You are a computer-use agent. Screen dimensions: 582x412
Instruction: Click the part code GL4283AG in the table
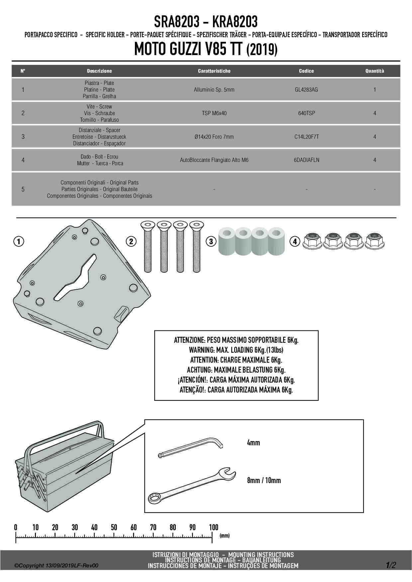click(306, 90)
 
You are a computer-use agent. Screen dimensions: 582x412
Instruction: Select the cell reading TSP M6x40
click(214, 113)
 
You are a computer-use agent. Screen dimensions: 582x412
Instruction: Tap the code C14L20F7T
click(306, 137)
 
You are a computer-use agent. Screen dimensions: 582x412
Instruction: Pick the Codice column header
click(306, 71)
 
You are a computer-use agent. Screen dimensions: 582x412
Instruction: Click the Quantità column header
click(374, 71)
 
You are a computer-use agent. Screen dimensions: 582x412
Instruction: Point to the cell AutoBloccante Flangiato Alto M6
click(214, 160)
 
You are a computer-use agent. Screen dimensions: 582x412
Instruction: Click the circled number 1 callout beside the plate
click(19, 241)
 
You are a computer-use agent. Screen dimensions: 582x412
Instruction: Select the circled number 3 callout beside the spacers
click(211, 241)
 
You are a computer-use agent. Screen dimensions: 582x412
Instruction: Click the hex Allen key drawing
click(191, 448)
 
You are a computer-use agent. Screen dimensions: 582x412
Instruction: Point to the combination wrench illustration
click(192, 486)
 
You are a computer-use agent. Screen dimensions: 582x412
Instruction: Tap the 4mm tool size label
click(254, 443)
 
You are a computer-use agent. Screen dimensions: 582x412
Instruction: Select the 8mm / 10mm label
click(264, 480)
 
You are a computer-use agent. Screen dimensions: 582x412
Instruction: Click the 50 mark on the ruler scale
click(114, 527)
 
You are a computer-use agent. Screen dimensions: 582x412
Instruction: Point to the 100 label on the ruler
click(213, 527)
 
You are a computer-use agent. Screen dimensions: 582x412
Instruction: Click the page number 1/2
click(391, 565)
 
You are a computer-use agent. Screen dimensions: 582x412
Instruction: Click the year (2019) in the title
click(262, 50)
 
